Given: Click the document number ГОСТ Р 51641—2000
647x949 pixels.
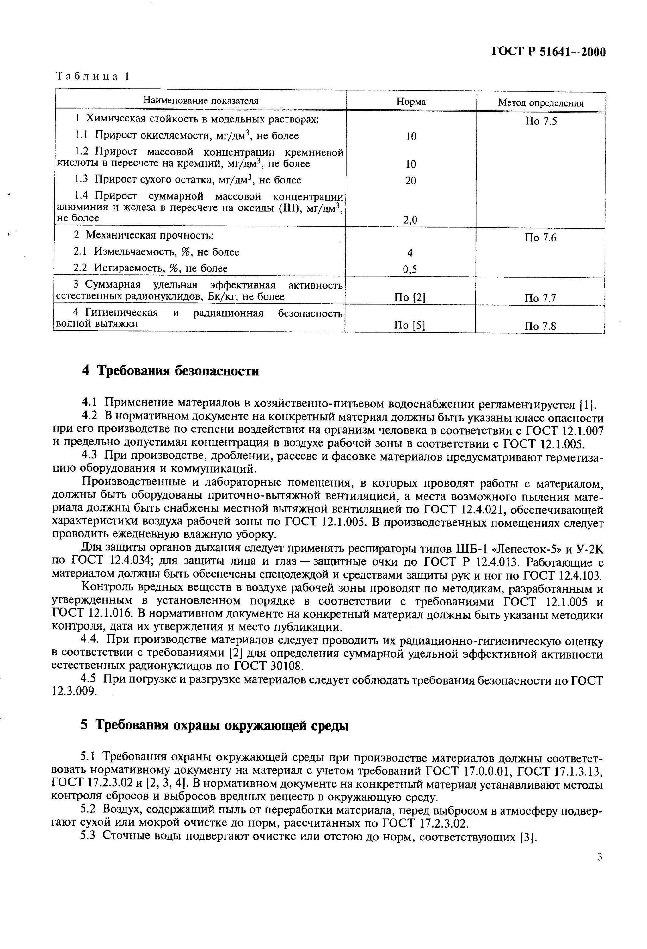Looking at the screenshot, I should click(548, 52).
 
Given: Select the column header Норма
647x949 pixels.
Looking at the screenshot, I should click(411, 102).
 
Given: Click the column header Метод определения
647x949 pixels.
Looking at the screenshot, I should click(540, 103).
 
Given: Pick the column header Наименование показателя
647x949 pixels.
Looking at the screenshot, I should click(200, 101).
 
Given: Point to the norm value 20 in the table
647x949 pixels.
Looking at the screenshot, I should click(411, 181).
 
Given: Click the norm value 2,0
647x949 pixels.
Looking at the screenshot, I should click(410, 220).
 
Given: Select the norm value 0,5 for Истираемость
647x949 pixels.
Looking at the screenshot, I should click(410, 270).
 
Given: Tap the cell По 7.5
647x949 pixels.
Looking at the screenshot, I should click(541, 121).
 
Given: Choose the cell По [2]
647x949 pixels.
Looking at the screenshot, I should click(410, 298).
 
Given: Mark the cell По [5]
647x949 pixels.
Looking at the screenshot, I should click(410, 326).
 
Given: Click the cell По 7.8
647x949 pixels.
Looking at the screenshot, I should click(540, 326).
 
